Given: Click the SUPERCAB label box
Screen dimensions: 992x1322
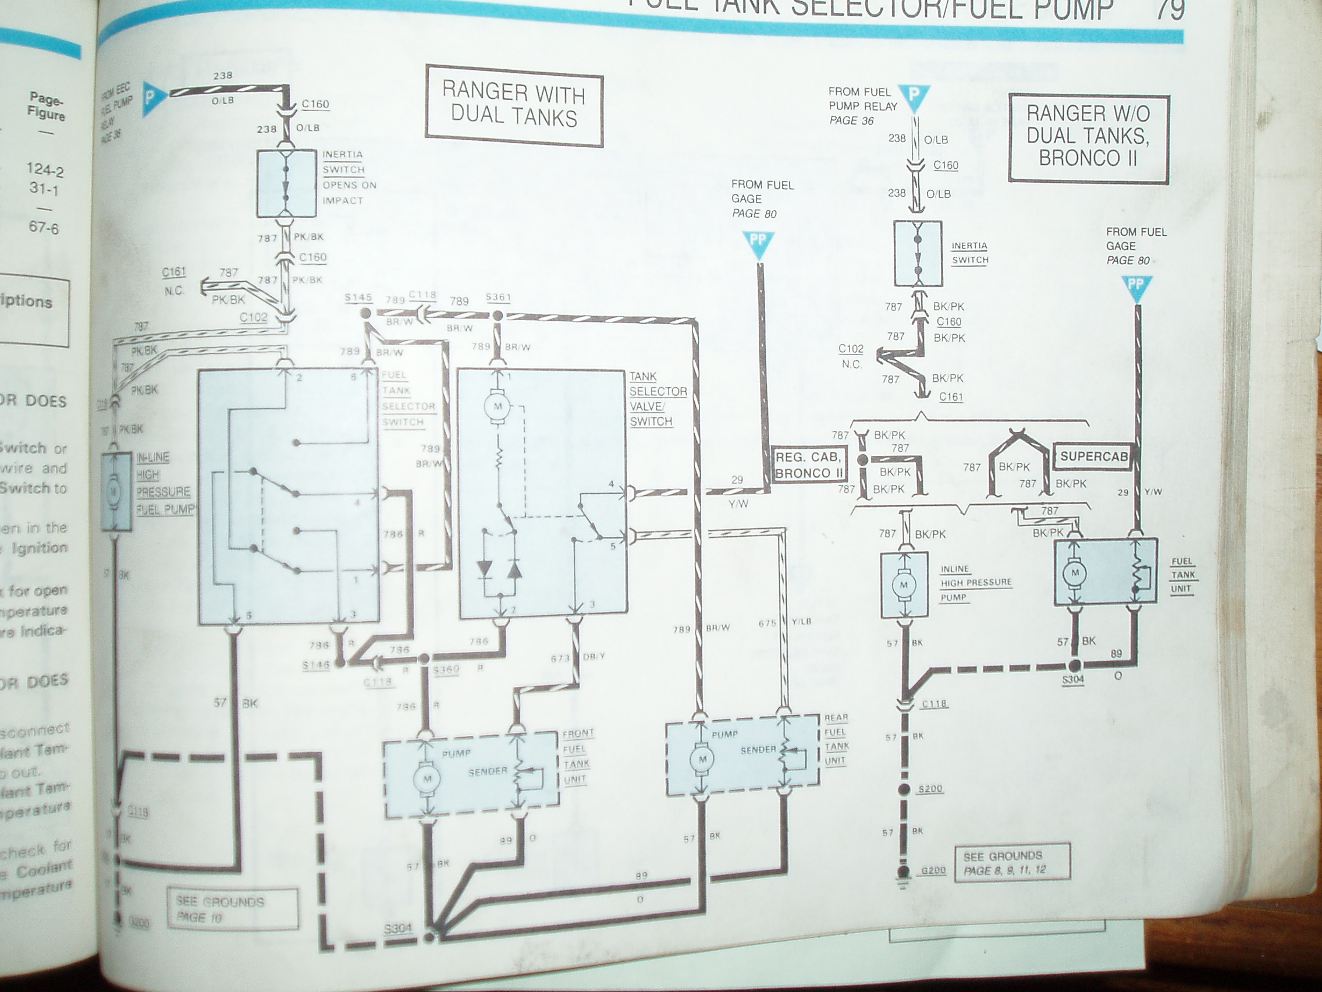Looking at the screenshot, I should coord(1094,456).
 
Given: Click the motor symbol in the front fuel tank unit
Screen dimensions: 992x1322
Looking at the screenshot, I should coord(427,778).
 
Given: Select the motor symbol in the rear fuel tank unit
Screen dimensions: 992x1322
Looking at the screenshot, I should coord(702,759).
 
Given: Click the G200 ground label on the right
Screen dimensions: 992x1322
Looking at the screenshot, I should coord(933,870).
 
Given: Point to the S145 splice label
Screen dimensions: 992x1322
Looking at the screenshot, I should coord(358,297).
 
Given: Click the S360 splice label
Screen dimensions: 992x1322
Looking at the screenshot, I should coord(445,669).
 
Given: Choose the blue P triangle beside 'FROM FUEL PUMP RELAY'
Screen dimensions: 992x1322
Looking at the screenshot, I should coord(914,98).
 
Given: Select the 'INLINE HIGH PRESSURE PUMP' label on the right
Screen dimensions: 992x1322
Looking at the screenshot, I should coord(975,582).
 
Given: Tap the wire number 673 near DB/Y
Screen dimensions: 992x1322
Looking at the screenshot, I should coord(560,658).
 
